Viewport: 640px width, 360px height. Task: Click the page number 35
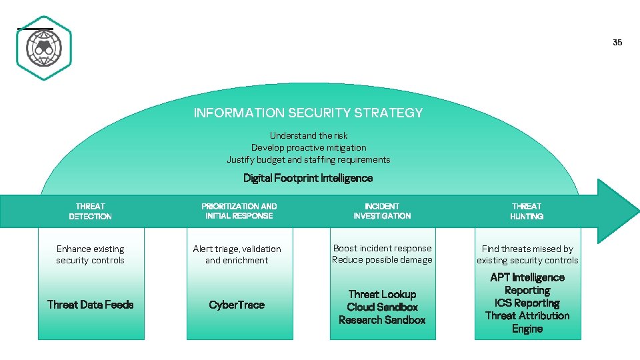(617, 43)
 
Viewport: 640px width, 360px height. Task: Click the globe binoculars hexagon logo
(44, 48)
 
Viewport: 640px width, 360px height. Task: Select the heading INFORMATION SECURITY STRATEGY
(308, 113)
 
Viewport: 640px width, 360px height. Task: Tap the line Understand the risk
(308, 135)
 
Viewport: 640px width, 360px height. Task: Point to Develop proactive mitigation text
(308, 147)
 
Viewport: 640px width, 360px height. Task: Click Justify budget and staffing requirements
(308, 159)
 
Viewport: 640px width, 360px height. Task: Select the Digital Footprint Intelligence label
(308, 178)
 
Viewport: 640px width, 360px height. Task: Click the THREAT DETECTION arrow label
(90, 211)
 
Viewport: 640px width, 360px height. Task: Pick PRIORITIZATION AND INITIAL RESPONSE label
(239, 211)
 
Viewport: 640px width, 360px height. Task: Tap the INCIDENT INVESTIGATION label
(382, 211)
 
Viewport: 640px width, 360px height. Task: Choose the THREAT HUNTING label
(527, 211)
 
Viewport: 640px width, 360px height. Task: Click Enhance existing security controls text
(90, 255)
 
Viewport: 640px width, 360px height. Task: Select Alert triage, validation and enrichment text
(237, 255)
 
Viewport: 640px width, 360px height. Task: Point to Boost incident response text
(382, 248)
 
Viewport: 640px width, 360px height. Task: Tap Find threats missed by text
(527, 249)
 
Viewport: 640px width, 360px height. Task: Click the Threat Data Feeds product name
(90, 305)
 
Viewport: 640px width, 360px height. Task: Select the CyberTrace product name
(237, 305)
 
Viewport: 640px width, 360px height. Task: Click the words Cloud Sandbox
(382, 307)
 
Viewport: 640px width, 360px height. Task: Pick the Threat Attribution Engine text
(527, 322)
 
